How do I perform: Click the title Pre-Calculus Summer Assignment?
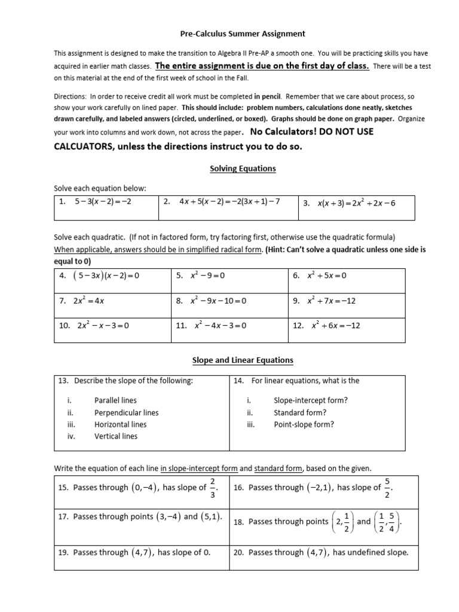tap(243, 34)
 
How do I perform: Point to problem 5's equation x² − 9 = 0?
tap(209, 276)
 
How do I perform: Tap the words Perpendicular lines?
tap(126, 412)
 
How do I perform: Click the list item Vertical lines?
tap(115, 436)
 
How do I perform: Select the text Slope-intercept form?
tap(310, 400)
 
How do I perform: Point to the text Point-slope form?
tap(304, 424)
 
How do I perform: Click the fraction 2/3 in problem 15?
tap(213, 488)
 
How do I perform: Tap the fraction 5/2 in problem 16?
tap(387, 488)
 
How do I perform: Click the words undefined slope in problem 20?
tap(378, 552)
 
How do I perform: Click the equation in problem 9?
tap(332, 301)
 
